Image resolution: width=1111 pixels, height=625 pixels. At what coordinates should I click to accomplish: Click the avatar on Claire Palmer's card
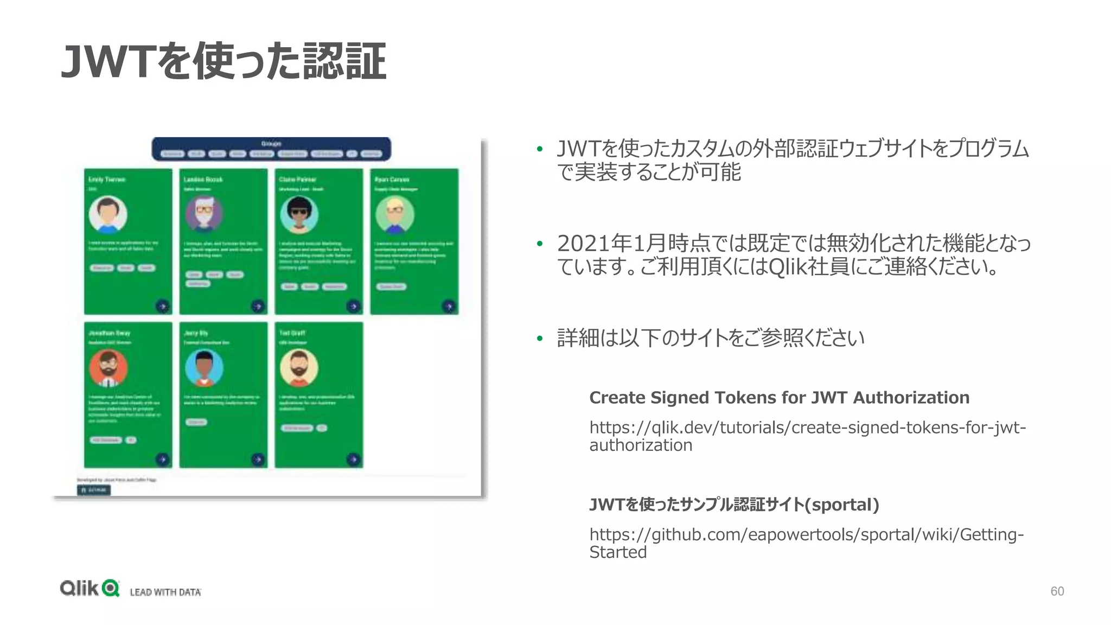pyautogui.click(x=299, y=215)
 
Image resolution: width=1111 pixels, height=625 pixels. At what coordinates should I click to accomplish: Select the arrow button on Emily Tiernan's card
pyautogui.click(x=163, y=306)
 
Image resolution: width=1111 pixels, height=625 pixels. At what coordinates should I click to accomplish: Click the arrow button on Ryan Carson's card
pyautogui.click(x=449, y=306)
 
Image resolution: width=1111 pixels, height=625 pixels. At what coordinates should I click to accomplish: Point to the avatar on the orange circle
pyautogui.click(x=108, y=368)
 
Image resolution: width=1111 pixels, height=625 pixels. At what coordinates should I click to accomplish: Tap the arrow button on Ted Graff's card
pyautogui.click(x=354, y=460)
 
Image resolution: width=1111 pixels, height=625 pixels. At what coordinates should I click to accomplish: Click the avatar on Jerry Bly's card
pyautogui.click(x=204, y=368)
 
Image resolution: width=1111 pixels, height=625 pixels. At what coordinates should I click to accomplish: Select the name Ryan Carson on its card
pyautogui.click(x=392, y=180)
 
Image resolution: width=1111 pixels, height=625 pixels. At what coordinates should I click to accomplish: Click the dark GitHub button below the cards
pyautogui.click(x=94, y=490)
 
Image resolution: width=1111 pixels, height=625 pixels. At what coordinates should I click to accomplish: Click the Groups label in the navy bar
pyautogui.click(x=271, y=144)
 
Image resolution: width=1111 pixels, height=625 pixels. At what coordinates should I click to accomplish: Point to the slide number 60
pyautogui.click(x=1057, y=591)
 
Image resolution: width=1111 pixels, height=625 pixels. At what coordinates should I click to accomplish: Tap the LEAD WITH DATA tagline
pyautogui.click(x=165, y=592)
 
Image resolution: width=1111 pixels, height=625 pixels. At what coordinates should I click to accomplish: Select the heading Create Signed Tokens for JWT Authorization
pyautogui.click(x=779, y=398)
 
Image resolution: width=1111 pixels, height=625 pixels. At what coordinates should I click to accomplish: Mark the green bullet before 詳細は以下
pyautogui.click(x=539, y=339)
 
